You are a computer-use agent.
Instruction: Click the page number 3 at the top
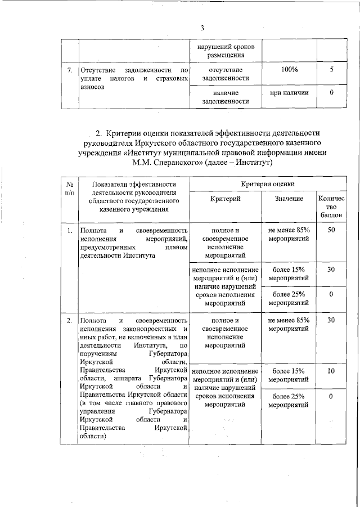(202, 29)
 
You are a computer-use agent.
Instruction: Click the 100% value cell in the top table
(289, 69)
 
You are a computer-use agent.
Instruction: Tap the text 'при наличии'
(289, 92)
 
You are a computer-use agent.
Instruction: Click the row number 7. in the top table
(70, 70)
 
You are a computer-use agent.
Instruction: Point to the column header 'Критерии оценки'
(267, 184)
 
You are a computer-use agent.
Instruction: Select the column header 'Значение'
(289, 199)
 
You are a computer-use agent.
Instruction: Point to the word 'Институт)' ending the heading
(253, 164)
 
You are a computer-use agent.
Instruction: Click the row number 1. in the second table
(70, 231)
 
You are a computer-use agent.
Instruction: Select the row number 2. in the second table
(70, 321)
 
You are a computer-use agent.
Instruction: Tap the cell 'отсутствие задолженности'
(225, 74)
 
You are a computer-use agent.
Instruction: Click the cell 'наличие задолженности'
(225, 97)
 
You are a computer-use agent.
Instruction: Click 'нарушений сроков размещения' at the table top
(225, 50)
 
